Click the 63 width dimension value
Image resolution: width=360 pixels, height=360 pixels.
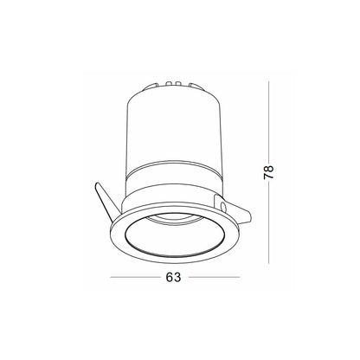coord(173,277)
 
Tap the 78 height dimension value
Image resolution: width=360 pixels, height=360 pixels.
coord(268,172)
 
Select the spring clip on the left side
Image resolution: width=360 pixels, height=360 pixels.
coord(106,202)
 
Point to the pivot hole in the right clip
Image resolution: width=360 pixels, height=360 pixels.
coord(222,207)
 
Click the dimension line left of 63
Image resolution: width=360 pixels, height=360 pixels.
coord(135,277)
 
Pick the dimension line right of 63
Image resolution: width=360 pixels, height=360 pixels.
coord(215,277)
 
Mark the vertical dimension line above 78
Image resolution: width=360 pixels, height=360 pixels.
coord(268,122)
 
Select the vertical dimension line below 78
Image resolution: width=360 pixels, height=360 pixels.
coord(268,223)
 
